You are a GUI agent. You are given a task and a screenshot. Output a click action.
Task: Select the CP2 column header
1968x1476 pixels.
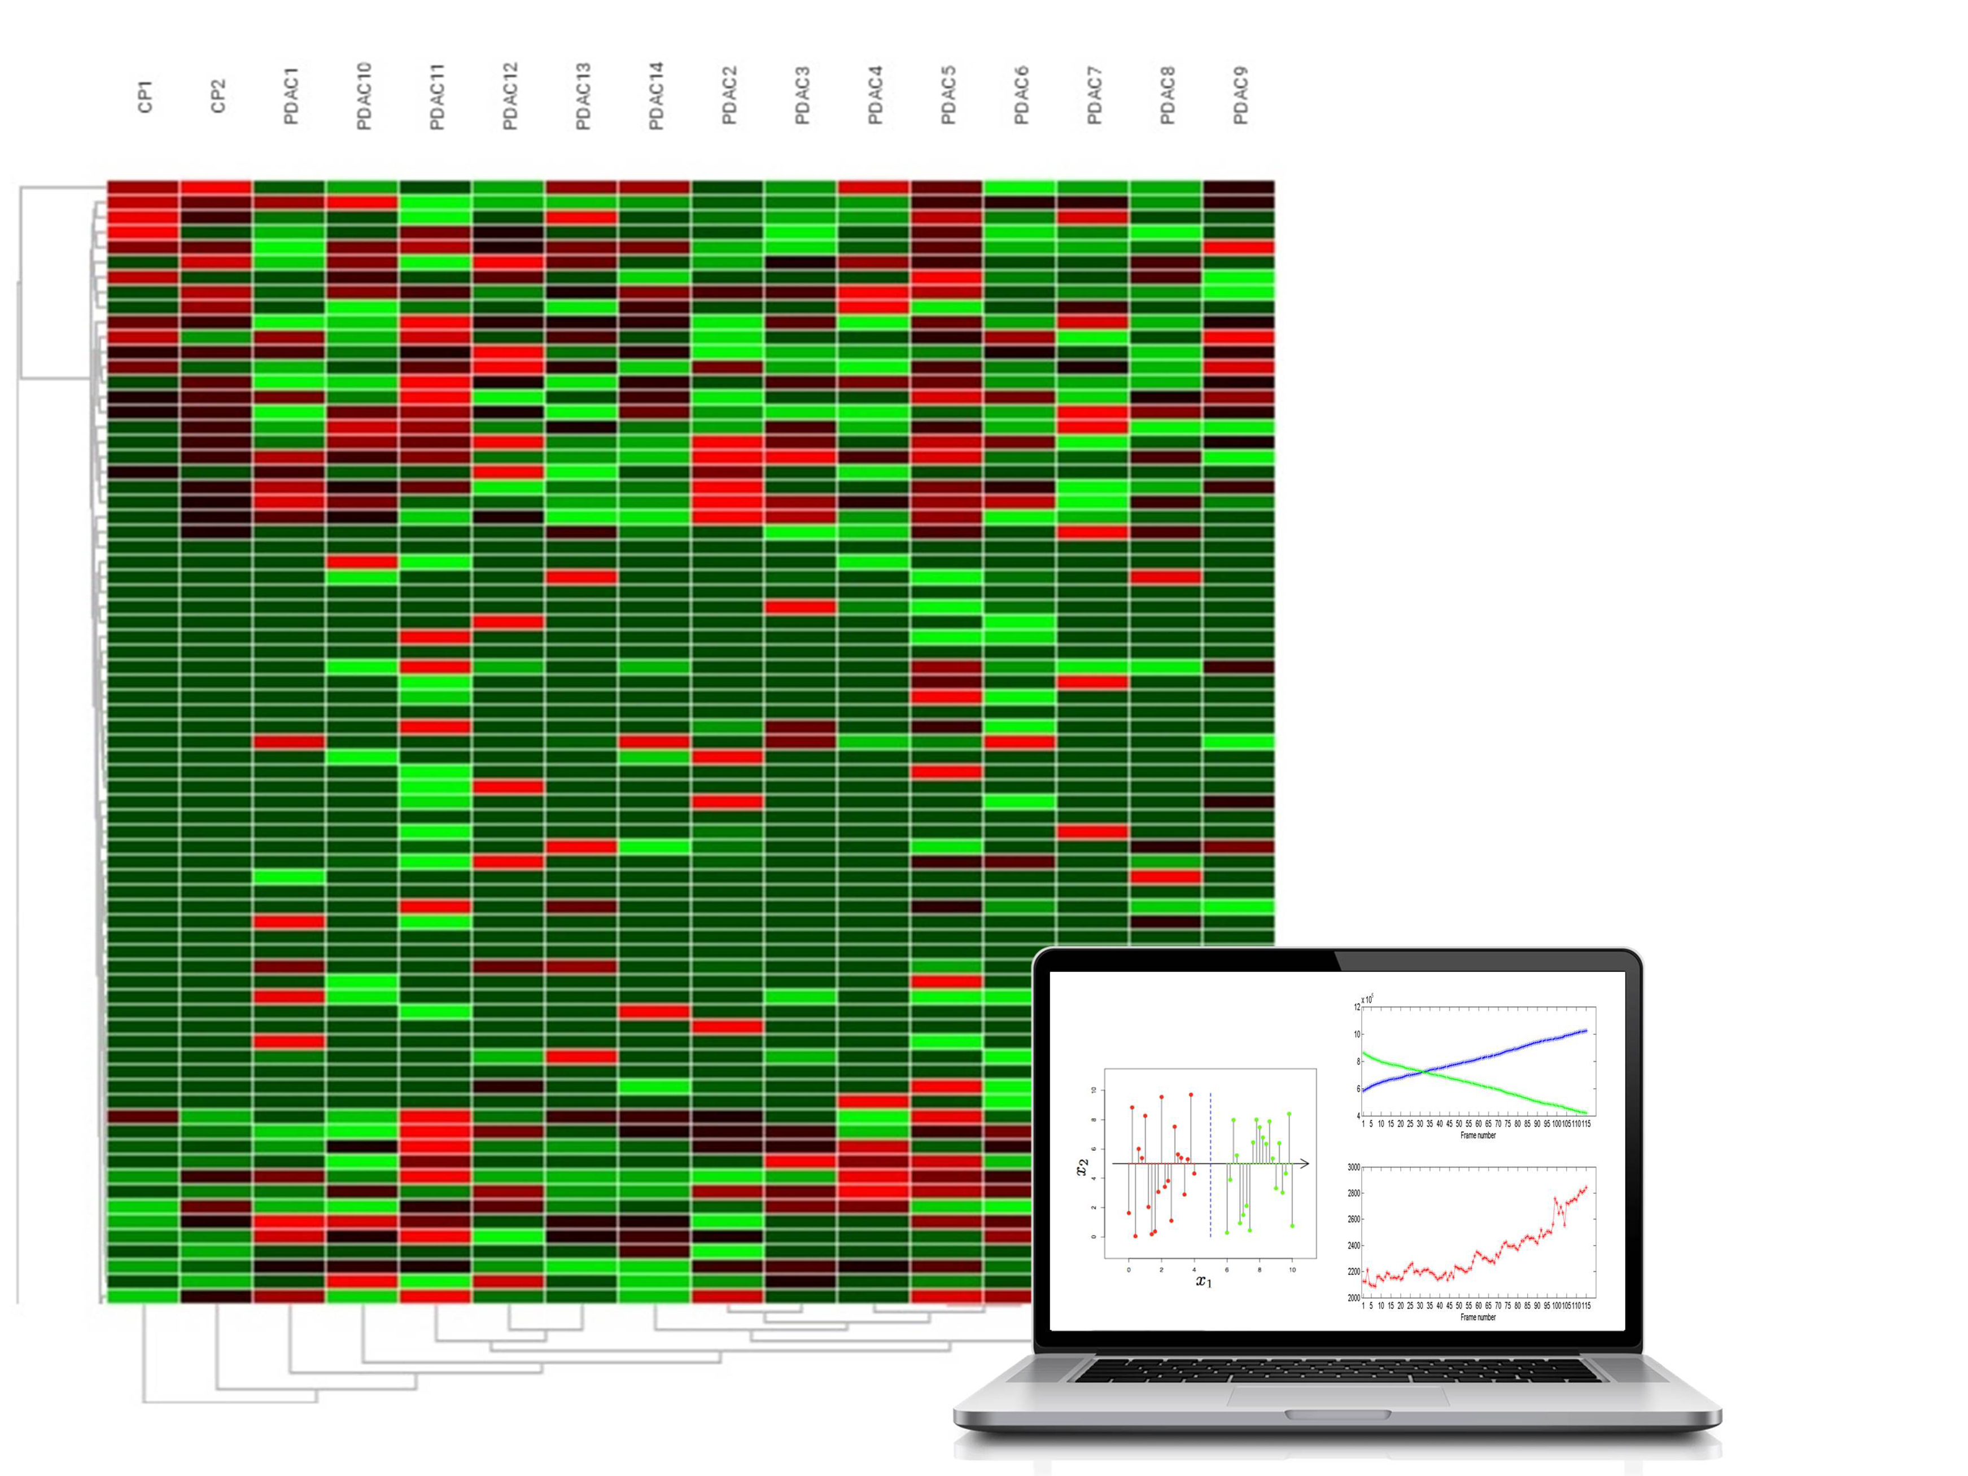pos(218,96)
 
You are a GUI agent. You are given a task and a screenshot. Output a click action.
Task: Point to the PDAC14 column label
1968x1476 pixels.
pos(655,96)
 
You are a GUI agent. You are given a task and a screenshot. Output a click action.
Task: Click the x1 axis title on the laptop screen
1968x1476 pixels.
pos(1204,1281)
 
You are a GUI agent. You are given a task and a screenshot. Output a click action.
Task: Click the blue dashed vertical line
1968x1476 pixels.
pos(1210,1166)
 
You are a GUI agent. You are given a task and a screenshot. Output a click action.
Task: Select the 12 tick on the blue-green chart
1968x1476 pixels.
pos(1357,1007)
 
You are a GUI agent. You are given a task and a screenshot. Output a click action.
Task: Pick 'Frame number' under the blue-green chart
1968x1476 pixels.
pos(1478,1135)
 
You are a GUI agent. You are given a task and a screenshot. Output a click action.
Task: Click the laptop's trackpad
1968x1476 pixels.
pos(1337,1395)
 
